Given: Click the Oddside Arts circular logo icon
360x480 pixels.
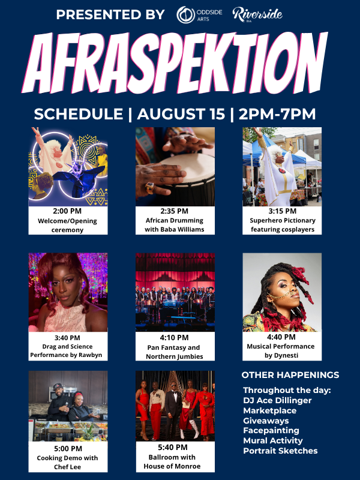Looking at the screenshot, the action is tap(185, 14).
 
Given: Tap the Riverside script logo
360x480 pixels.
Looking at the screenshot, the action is tap(257, 14).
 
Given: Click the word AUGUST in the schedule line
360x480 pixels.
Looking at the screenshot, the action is tap(181, 114).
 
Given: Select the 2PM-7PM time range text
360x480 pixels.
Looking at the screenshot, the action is tap(277, 114).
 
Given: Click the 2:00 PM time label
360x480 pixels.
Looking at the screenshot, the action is tap(67, 211).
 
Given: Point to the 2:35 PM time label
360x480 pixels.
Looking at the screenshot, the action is tap(174, 211).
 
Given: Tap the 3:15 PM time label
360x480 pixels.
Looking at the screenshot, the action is tap(282, 211).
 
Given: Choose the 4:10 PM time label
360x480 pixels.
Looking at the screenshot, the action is tap(174, 338).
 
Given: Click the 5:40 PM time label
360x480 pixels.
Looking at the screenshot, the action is tap(173, 447).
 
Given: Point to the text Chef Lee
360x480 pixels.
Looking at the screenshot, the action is tap(67, 467).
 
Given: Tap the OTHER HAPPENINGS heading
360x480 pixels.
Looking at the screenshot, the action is tap(290, 375).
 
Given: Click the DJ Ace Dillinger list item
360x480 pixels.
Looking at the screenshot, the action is tap(277, 400).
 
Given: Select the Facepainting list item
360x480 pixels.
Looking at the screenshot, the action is tap(271, 430).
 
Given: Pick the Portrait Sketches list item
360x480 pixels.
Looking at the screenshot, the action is tap(280, 451).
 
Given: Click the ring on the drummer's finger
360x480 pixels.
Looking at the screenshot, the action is tap(151, 188).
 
